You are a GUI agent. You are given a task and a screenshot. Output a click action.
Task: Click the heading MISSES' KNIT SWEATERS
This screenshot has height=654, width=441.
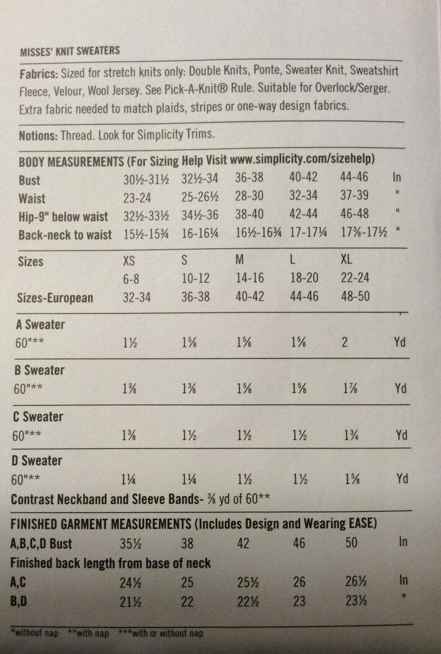point(69,50)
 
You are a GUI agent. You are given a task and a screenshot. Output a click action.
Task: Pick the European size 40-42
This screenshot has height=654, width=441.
point(250,296)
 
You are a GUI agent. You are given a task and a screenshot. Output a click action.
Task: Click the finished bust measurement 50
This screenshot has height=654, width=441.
point(352,543)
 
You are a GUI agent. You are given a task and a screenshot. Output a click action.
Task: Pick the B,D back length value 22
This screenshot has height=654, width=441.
point(186,601)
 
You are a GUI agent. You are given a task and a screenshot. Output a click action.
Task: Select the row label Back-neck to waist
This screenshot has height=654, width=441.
point(65,235)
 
